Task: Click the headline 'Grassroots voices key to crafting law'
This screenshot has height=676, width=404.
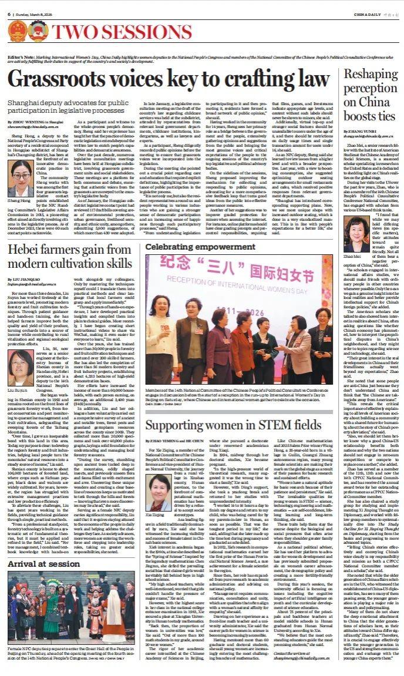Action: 170,79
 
